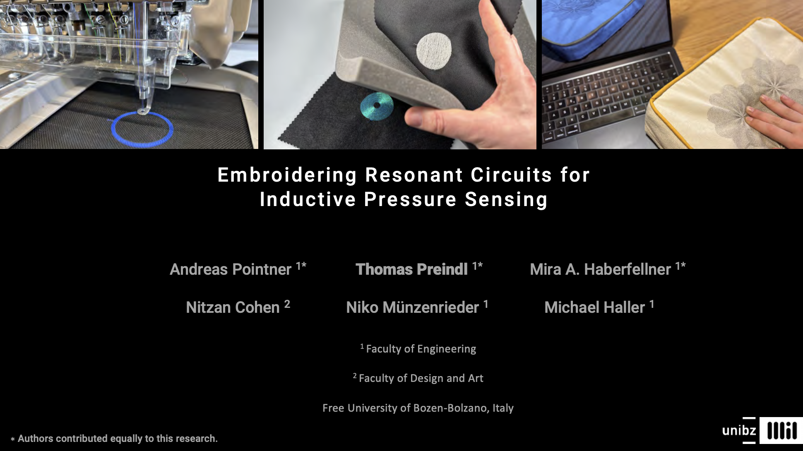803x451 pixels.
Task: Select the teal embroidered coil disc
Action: (x=377, y=106)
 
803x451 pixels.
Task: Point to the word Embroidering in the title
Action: (x=287, y=175)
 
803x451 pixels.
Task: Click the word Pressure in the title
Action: (x=410, y=199)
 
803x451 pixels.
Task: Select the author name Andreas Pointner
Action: (x=231, y=269)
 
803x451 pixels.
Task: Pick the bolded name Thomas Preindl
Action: (x=411, y=269)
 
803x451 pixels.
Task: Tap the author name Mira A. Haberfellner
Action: (x=600, y=269)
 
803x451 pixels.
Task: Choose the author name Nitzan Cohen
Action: (x=233, y=307)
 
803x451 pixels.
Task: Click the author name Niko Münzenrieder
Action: (x=412, y=307)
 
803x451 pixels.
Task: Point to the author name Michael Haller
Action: (x=594, y=307)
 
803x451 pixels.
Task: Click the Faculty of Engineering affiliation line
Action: (x=418, y=349)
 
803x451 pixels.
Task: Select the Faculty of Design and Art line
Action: (x=418, y=378)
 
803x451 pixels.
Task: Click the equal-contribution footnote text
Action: (x=114, y=439)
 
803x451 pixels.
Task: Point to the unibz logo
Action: (x=739, y=430)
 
